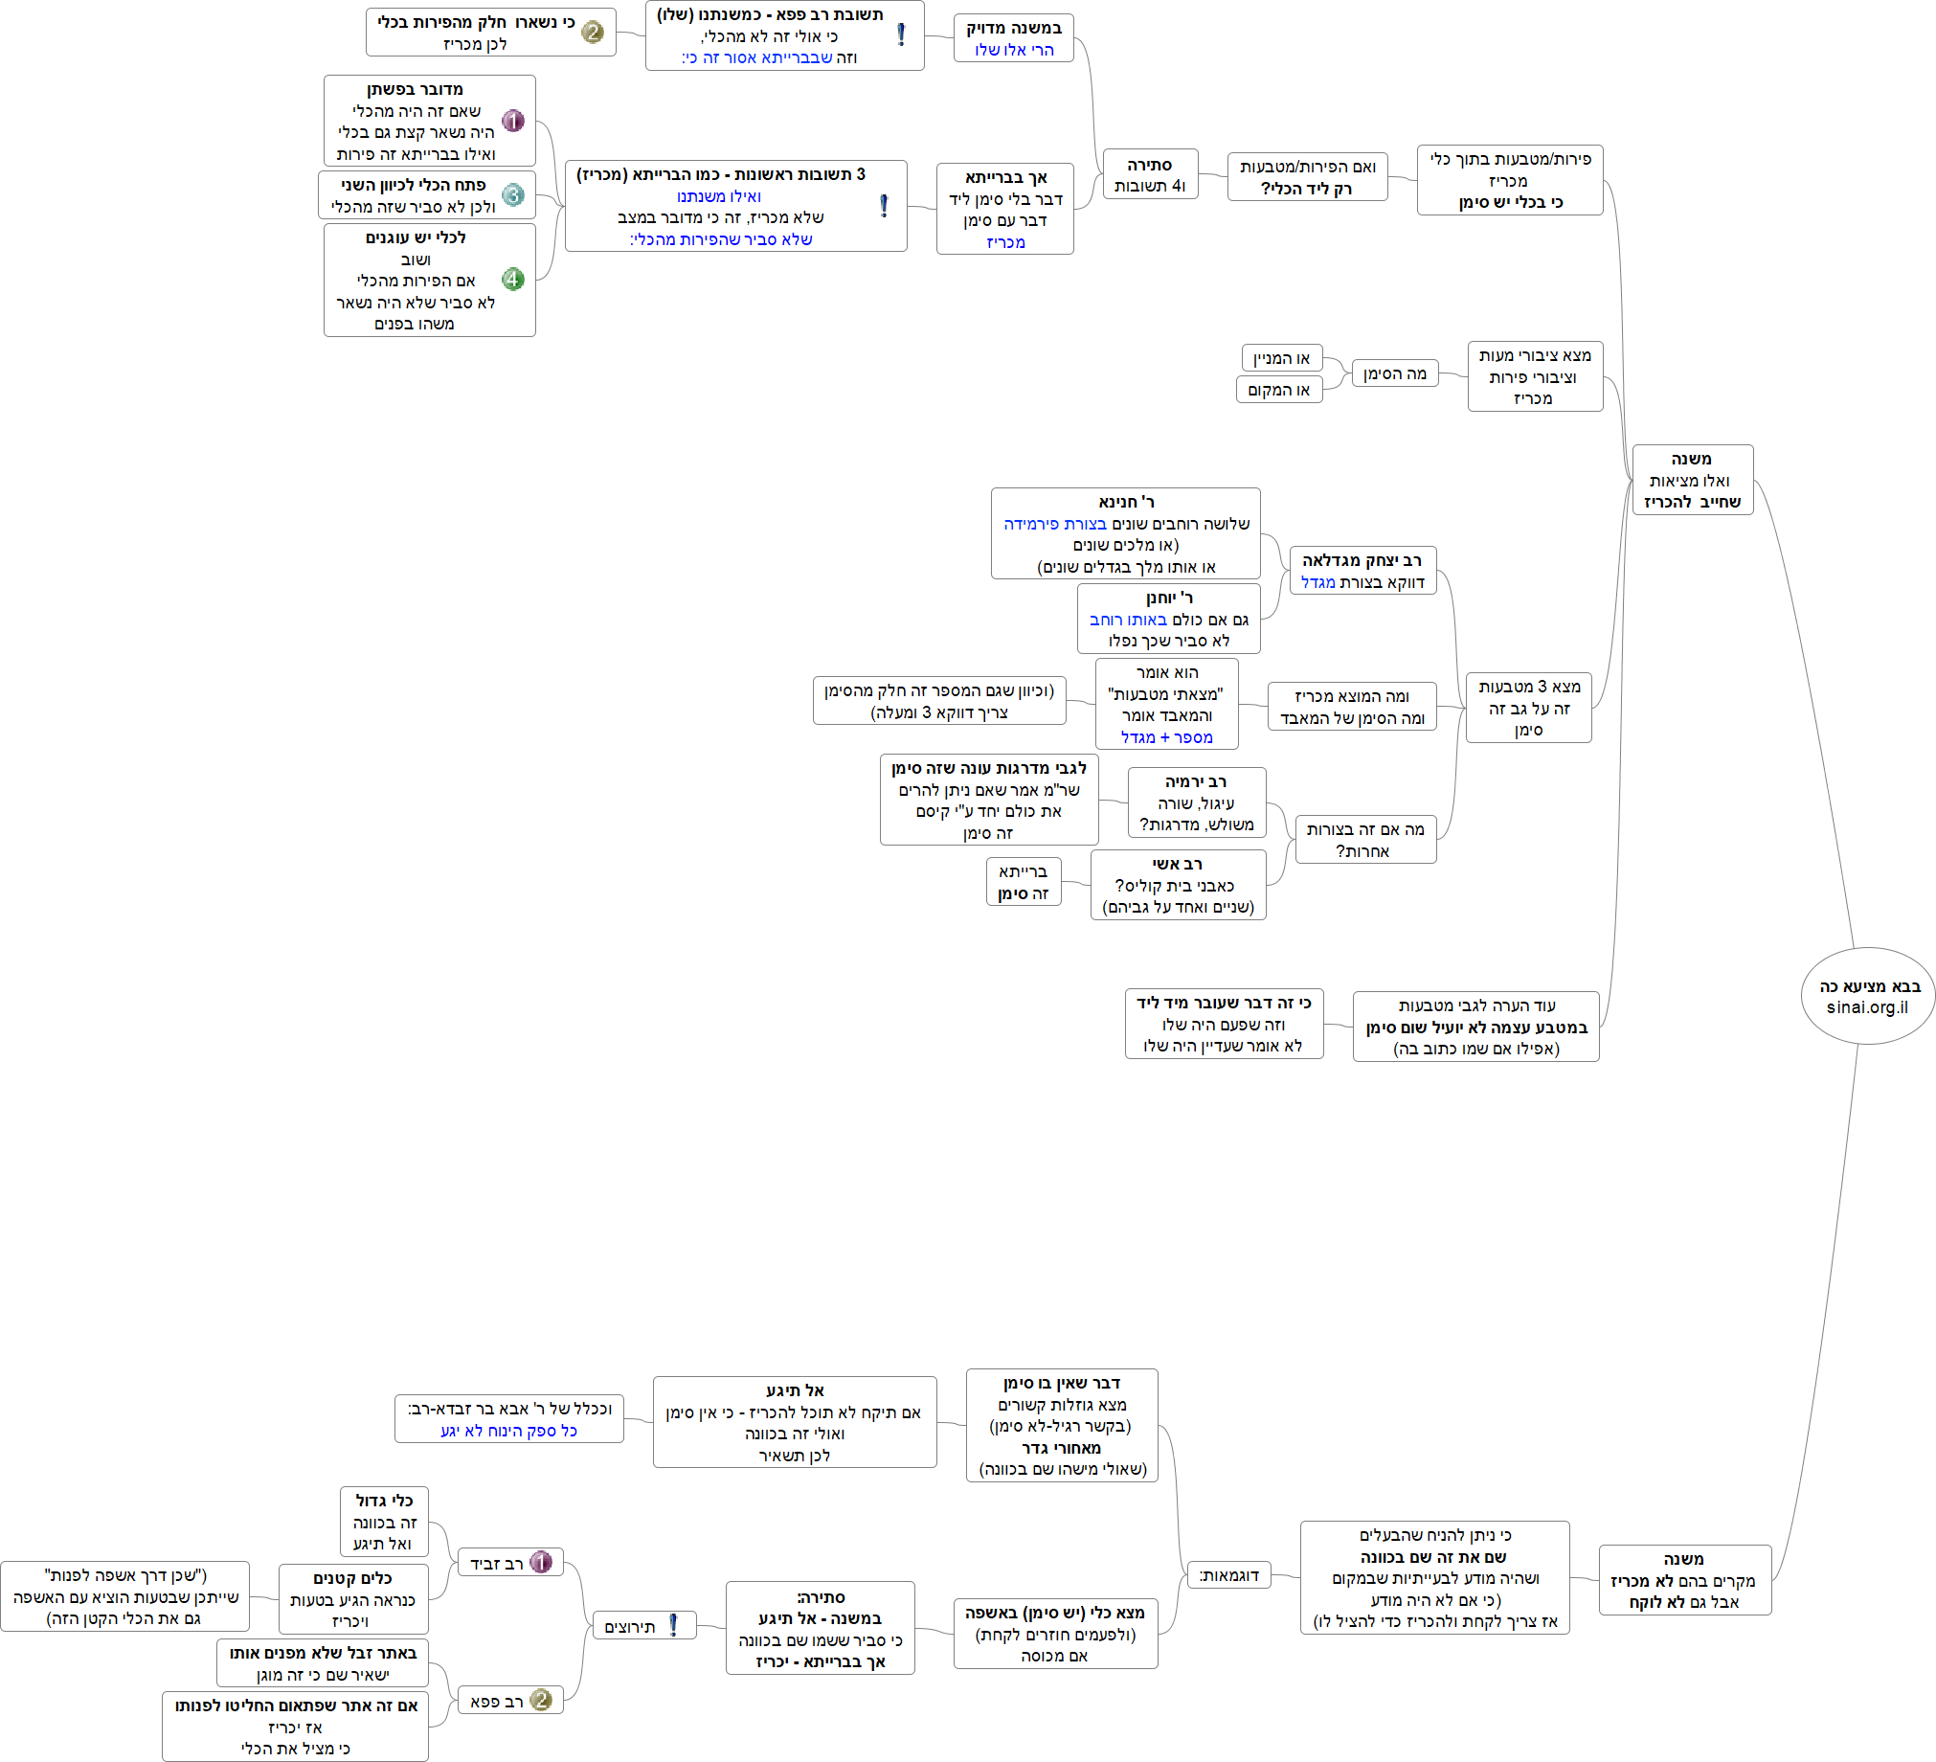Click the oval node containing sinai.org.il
tap(1867, 996)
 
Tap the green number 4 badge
tap(513, 280)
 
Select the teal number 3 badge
tap(513, 195)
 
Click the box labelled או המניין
tap(1281, 359)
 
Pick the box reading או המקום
tap(1278, 390)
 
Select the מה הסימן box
tap(1394, 373)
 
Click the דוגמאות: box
tap(1228, 1575)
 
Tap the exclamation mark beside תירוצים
tap(673, 1625)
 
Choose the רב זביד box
tap(509, 1562)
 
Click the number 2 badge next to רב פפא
tap(541, 1700)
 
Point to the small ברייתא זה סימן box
tap(1023, 883)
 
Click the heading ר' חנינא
tap(1125, 502)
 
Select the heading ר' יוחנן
tap(1169, 598)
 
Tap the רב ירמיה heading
tap(1196, 781)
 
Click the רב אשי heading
tap(1178, 864)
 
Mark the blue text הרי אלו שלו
tap(1014, 50)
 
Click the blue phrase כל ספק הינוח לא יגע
tap(509, 1431)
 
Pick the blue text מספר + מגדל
tap(1166, 737)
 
